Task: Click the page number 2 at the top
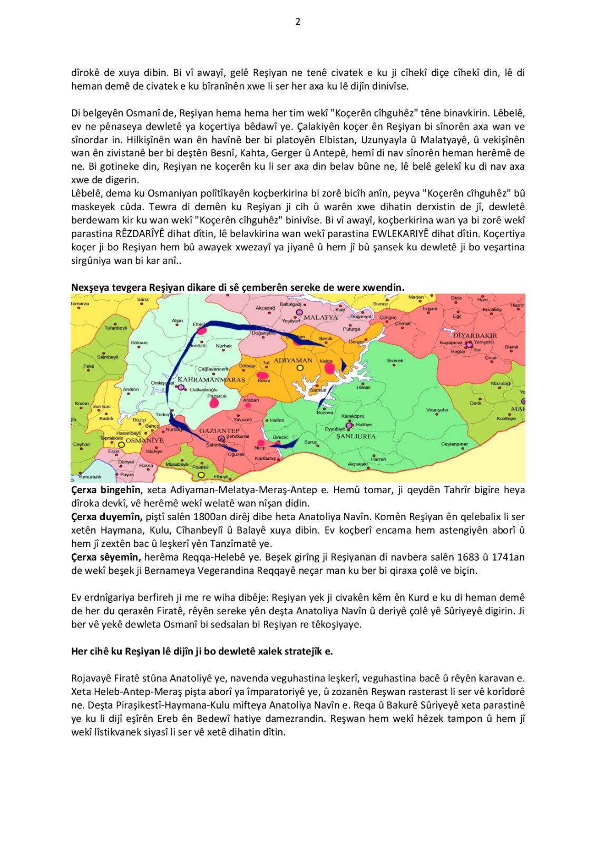[298, 22]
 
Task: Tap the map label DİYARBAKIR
[475, 336]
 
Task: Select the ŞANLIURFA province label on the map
[356, 436]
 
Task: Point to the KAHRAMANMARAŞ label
[211, 379]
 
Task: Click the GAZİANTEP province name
[219, 430]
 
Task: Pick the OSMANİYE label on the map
[144, 440]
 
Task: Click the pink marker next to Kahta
[330, 368]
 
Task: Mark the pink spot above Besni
[262, 375]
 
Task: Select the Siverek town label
[395, 361]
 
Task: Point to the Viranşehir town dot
[437, 415]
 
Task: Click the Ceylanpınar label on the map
[454, 444]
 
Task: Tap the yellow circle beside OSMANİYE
[121, 445]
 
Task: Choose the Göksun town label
[139, 342]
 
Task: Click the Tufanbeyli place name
[115, 328]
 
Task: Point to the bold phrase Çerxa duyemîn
[106, 517]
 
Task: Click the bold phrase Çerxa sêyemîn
[106, 557]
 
